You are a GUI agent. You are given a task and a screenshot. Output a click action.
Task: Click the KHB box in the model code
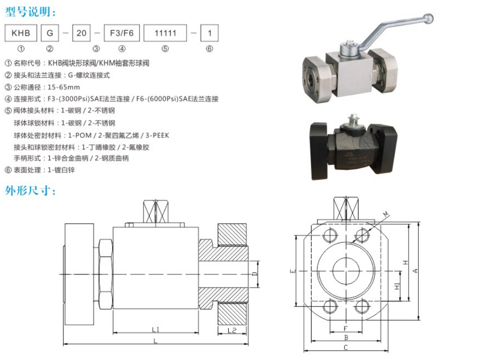click(21, 33)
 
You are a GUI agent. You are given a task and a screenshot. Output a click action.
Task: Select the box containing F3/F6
click(122, 33)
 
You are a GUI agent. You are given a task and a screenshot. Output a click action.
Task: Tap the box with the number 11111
click(165, 33)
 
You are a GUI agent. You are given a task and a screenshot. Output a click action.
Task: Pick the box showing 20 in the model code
click(81, 33)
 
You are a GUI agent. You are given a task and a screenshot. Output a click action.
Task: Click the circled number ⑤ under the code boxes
click(165, 49)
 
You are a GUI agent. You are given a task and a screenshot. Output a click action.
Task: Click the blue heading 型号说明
click(30, 12)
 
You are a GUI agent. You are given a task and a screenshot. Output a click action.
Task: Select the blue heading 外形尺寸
click(30, 190)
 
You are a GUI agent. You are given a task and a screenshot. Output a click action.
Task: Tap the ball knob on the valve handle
click(428, 18)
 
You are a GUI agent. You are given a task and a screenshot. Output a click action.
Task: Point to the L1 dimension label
click(156, 329)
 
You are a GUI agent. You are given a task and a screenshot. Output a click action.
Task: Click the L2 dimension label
click(232, 330)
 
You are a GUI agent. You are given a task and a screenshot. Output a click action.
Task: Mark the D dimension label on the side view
click(254, 274)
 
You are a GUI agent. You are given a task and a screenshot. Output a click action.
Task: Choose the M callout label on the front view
click(386, 214)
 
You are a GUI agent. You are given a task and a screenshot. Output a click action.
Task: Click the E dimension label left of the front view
click(293, 271)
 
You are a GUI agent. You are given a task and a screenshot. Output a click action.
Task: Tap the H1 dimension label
click(397, 286)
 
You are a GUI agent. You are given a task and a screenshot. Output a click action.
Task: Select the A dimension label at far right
click(415, 271)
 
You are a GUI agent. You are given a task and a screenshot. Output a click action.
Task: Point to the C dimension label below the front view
click(346, 348)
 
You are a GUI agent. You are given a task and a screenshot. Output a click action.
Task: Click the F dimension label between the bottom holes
click(346, 328)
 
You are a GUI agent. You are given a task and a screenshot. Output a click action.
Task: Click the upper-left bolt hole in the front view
click(330, 235)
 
